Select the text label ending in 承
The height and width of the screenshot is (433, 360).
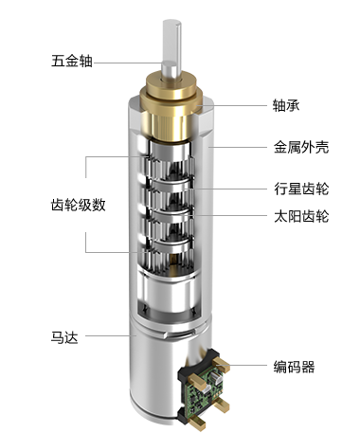pos(285,104)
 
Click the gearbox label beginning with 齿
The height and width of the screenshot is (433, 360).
pos(77,205)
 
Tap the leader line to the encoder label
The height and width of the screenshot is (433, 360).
pos(248,366)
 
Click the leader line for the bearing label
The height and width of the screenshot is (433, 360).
pos(242,104)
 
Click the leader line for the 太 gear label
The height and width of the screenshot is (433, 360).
pos(242,215)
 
